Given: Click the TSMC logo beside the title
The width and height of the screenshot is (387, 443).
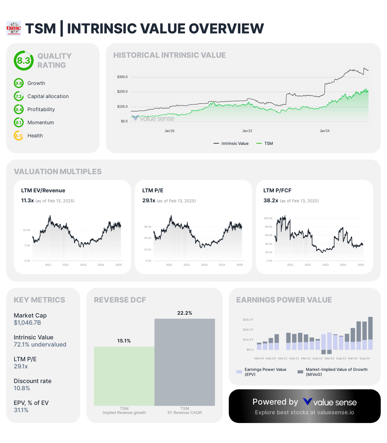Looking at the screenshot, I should (x=14, y=28).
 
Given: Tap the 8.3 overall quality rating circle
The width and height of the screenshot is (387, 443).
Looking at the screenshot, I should (x=23, y=61).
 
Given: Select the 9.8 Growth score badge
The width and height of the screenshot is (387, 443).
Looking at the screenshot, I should (x=19, y=83).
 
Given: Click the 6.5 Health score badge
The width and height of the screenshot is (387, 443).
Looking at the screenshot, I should (x=19, y=136).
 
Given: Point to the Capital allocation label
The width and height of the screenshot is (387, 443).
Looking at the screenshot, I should (x=48, y=96).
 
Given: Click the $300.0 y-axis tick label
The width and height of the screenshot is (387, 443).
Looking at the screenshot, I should (x=122, y=77).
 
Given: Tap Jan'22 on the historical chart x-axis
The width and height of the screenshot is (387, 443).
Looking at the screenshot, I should (x=247, y=131).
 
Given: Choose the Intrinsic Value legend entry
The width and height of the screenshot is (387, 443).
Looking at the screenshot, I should (x=231, y=144).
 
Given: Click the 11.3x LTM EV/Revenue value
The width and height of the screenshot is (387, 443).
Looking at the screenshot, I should (x=27, y=200).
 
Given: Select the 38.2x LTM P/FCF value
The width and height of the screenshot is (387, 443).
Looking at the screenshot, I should (x=271, y=200).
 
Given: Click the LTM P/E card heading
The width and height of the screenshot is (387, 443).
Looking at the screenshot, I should (x=153, y=190).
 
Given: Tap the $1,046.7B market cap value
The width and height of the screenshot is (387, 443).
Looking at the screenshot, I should (x=27, y=323).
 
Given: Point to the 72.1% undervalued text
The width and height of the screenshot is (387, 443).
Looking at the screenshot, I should (x=40, y=345).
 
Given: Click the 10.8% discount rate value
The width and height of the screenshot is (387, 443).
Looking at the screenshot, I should (x=22, y=388).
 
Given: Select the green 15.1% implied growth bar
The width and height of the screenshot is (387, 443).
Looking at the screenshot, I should (x=124, y=376).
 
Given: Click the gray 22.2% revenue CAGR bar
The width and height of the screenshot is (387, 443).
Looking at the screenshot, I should (x=185, y=362).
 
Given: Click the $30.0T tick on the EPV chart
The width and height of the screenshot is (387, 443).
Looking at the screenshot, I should (x=248, y=320).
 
